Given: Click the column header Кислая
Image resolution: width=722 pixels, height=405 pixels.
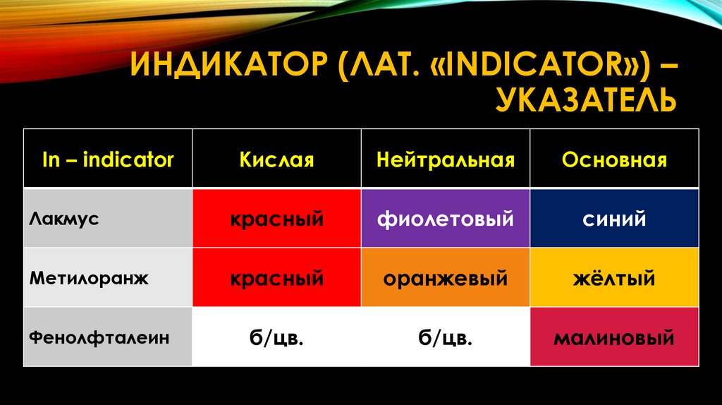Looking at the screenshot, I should coord(276,160).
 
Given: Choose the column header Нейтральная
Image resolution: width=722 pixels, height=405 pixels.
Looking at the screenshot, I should coord(446,160).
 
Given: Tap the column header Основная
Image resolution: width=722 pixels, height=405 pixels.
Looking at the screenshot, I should coord(614,160).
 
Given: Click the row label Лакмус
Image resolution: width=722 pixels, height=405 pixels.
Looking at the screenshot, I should coord(64,218).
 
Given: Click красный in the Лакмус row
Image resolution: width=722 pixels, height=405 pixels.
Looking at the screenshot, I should coord(276,219).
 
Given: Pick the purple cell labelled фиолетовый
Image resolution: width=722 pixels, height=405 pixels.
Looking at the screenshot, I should coord(446,219).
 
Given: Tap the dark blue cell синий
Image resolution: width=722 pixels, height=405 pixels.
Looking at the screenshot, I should coord(614,219).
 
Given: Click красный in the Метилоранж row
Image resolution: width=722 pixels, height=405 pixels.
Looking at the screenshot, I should coord(276,278).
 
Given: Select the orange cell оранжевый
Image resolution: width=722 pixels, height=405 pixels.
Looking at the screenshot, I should coord(446,278).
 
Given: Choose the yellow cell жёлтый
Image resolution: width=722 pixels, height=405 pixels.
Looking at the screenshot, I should coord(614,278).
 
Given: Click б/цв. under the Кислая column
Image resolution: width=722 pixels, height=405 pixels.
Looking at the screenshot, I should coord(276,338).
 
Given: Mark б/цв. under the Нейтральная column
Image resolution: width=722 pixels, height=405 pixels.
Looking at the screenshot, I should coord(446,338).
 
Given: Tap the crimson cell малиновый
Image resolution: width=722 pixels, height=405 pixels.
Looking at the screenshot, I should coord(614,338).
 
